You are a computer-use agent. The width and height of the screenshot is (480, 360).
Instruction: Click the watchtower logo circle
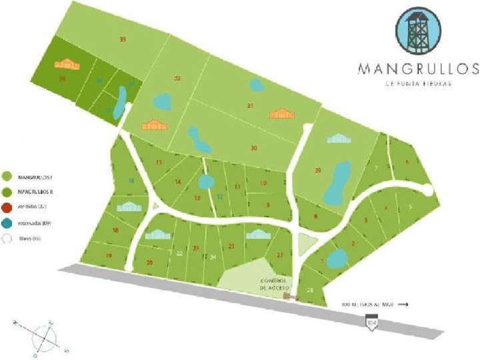(417, 29)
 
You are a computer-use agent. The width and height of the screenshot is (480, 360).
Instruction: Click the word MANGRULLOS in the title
(417, 68)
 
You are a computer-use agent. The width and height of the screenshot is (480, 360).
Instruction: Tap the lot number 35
(123, 40)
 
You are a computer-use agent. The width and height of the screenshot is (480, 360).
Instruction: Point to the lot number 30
(253, 148)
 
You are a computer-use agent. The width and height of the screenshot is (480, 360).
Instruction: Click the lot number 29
(318, 171)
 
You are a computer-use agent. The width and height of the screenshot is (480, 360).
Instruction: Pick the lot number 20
(149, 263)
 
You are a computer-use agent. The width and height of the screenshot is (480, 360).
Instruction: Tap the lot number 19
(108, 255)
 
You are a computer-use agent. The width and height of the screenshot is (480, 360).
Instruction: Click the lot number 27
(280, 255)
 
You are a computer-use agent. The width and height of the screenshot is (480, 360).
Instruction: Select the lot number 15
(159, 163)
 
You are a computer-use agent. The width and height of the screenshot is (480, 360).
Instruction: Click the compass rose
(45, 335)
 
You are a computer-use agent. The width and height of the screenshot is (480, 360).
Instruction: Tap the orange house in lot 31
(281, 114)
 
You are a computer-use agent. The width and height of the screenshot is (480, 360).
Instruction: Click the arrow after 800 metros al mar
(403, 304)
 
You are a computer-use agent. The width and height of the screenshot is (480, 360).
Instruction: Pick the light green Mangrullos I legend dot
(7, 177)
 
